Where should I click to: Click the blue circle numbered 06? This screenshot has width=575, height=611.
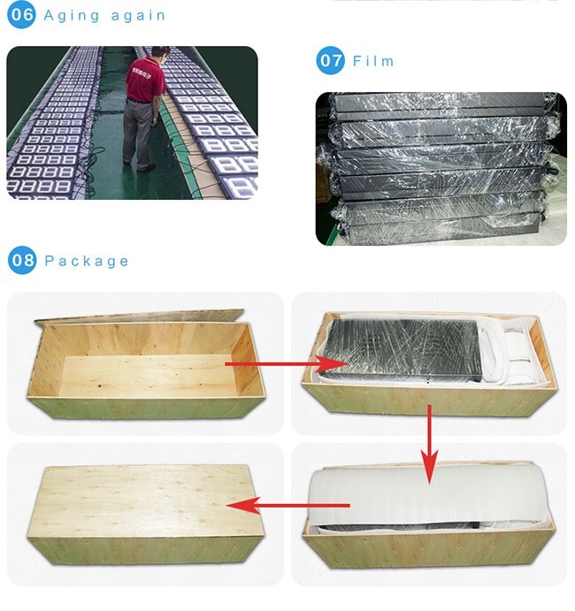coord(21,15)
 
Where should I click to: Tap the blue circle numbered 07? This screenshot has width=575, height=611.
coord(330,60)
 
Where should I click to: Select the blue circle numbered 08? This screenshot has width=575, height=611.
coord(22,260)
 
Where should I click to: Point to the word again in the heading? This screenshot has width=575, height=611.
coord(138,16)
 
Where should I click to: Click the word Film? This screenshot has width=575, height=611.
coord(373,61)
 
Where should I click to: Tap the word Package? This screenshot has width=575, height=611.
coord(86,262)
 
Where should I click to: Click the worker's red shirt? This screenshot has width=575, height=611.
coord(145,80)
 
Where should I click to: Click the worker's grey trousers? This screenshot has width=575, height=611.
coord(138,133)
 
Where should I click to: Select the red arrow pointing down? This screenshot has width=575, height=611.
coord(429,444)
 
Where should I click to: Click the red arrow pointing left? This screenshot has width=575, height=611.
coord(287,506)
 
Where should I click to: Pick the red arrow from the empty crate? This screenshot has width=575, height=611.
coord(287,364)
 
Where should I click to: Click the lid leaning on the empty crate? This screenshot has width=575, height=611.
coord(139,317)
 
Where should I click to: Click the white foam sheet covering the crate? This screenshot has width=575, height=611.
coord(429,496)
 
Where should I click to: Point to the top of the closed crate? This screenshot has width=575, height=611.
coord(145,500)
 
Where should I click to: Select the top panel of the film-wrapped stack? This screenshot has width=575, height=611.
coord(439,103)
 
